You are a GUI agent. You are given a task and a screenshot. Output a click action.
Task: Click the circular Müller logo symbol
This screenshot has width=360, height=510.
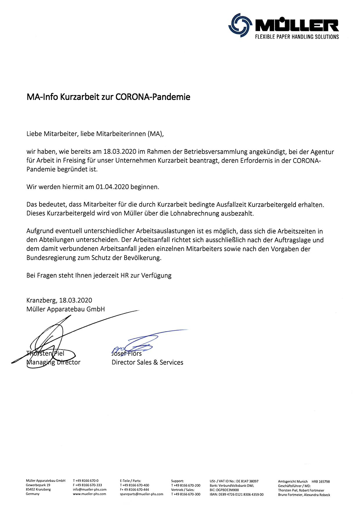(x=239, y=25)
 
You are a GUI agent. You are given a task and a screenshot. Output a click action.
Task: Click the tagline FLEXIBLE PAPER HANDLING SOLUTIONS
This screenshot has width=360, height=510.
(x=297, y=37)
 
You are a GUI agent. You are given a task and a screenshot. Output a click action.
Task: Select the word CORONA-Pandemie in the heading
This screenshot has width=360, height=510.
(x=153, y=97)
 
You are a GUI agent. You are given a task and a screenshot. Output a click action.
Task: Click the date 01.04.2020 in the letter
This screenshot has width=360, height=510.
(x=112, y=187)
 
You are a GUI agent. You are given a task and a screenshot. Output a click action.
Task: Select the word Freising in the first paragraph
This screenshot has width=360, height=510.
(x=74, y=160)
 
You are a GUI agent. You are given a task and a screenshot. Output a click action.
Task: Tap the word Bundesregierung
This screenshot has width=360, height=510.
(x=52, y=258)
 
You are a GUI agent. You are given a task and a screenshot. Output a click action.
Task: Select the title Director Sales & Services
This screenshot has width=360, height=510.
(x=147, y=362)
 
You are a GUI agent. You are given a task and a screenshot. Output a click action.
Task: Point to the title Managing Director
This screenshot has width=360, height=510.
(x=53, y=362)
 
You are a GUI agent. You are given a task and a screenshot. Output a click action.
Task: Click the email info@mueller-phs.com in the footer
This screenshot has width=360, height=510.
(x=90, y=490)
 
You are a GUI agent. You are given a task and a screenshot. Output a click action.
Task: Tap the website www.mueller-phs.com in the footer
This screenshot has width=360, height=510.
(x=89, y=494)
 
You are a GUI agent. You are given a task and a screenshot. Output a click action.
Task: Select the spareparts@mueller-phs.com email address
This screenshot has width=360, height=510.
(x=141, y=494)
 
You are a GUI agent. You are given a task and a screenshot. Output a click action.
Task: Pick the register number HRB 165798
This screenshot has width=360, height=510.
(x=321, y=482)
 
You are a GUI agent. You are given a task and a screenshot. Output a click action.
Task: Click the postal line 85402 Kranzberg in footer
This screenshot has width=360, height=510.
(x=38, y=490)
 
